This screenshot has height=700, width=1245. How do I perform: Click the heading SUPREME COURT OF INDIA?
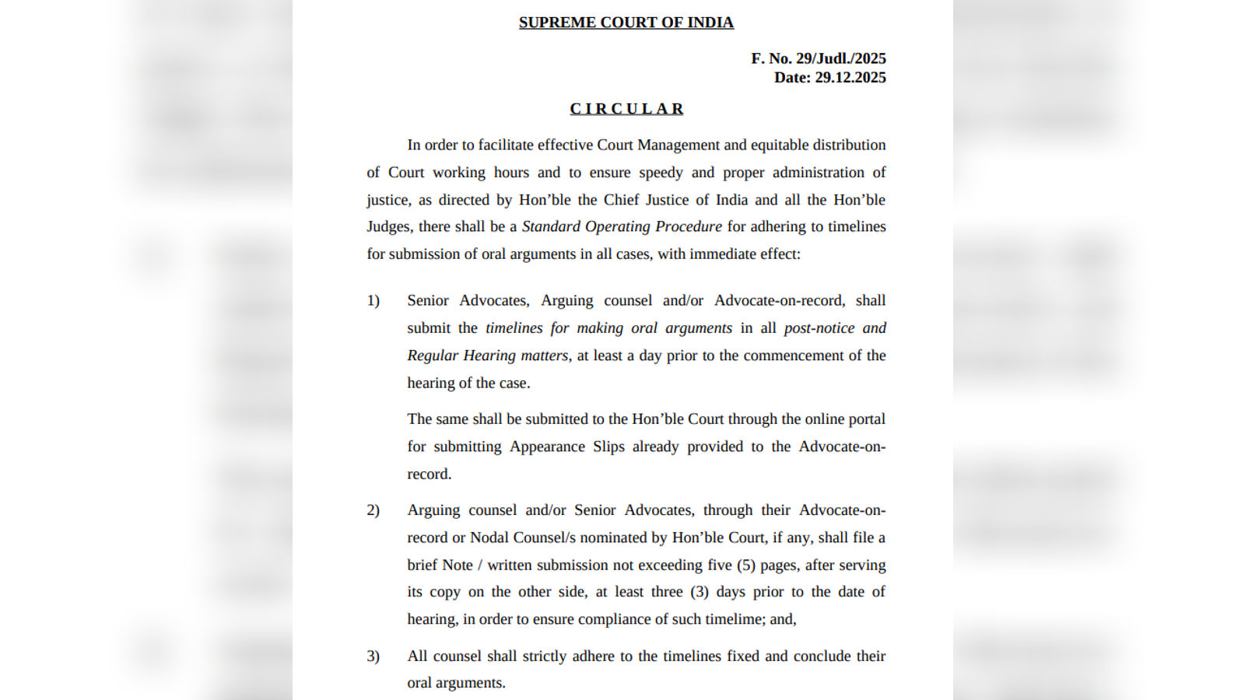pyautogui.click(x=626, y=23)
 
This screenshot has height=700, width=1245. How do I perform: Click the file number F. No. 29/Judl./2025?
pyautogui.click(x=818, y=58)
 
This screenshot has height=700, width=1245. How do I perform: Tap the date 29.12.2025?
pyautogui.click(x=850, y=78)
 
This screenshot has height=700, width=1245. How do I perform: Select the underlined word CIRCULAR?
pyautogui.click(x=626, y=109)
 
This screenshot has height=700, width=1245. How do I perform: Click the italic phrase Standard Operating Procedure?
pyautogui.click(x=622, y=226)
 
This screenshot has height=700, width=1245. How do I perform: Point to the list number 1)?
pyautogui.click(x=373, y=301)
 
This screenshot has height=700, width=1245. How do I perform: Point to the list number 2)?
pyautogui.click(x=373, y=510)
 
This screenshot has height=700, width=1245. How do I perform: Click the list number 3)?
pyautogui.click(x=373, y=656)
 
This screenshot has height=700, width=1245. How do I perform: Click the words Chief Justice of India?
pyautogui.click(x=675, y=200)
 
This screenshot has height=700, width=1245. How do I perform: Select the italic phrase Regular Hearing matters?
pyautogui.click(x=487, y=355)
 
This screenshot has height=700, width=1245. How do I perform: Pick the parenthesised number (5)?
pyautogui.click(x=746, y=565)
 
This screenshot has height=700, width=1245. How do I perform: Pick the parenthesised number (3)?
pyautogui.click(x=700, y=592)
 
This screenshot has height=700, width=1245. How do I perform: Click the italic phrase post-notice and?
pyautogui.click(x=834, y=328)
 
